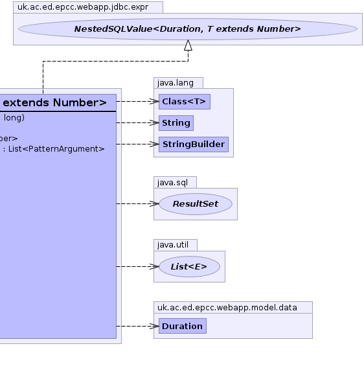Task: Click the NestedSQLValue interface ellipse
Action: [188, 29]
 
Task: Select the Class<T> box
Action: [185, 102]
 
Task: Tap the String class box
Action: [176, 123]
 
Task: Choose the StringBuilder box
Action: [194, 144]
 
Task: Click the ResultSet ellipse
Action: [196, 204]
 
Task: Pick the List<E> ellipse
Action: [189, 267]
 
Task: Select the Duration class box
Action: [183, 326]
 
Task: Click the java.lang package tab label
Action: [176, 83]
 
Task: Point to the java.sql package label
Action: [172, 183]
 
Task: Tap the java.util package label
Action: [173, 245]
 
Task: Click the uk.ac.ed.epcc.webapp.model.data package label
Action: [227, 308]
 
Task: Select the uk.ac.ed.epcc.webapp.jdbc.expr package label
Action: [83, 7]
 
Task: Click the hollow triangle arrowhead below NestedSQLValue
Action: [188, 45]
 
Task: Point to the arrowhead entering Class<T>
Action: [154, 101]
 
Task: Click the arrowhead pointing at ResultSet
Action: [154, 203]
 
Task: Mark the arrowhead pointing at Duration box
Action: [154, 326]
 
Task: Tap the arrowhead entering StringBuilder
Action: [154, 144]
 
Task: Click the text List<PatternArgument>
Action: [56, 149]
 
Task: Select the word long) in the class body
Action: [14, 118]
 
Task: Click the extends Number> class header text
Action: [55, 103]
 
